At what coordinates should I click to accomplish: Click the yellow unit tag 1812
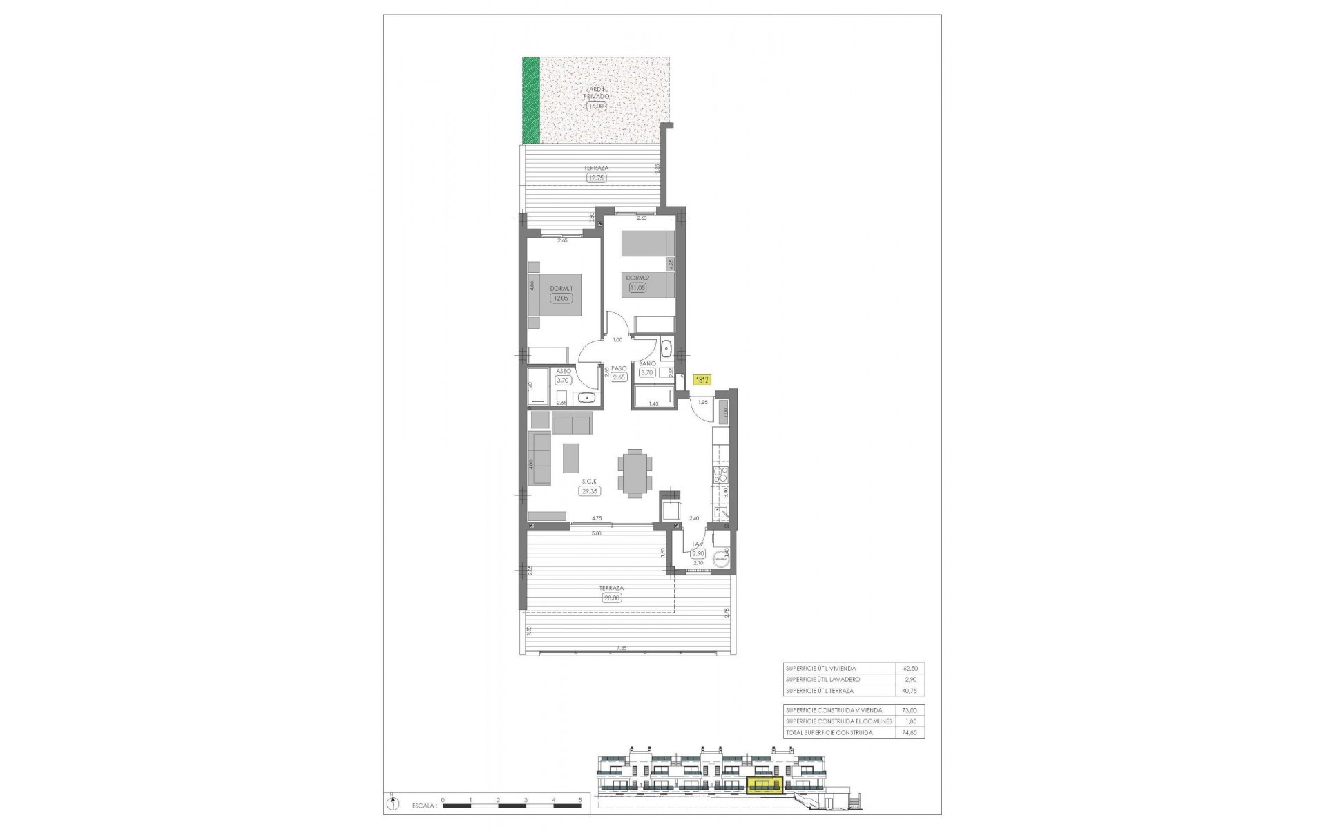point(702,379)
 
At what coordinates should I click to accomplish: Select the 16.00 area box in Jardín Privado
point(595,106)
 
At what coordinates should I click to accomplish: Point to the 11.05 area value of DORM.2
point(637,288)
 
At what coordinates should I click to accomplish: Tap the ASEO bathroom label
point(564,371)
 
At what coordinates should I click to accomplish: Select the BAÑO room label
point(647,363)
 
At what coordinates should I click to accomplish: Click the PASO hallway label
point(619,368)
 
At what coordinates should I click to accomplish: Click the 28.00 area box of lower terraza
point(612,598)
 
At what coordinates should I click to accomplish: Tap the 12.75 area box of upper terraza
point(595,178)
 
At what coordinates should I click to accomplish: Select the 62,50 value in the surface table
point(910,669)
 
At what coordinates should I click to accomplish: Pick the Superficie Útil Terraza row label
point(819,691)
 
